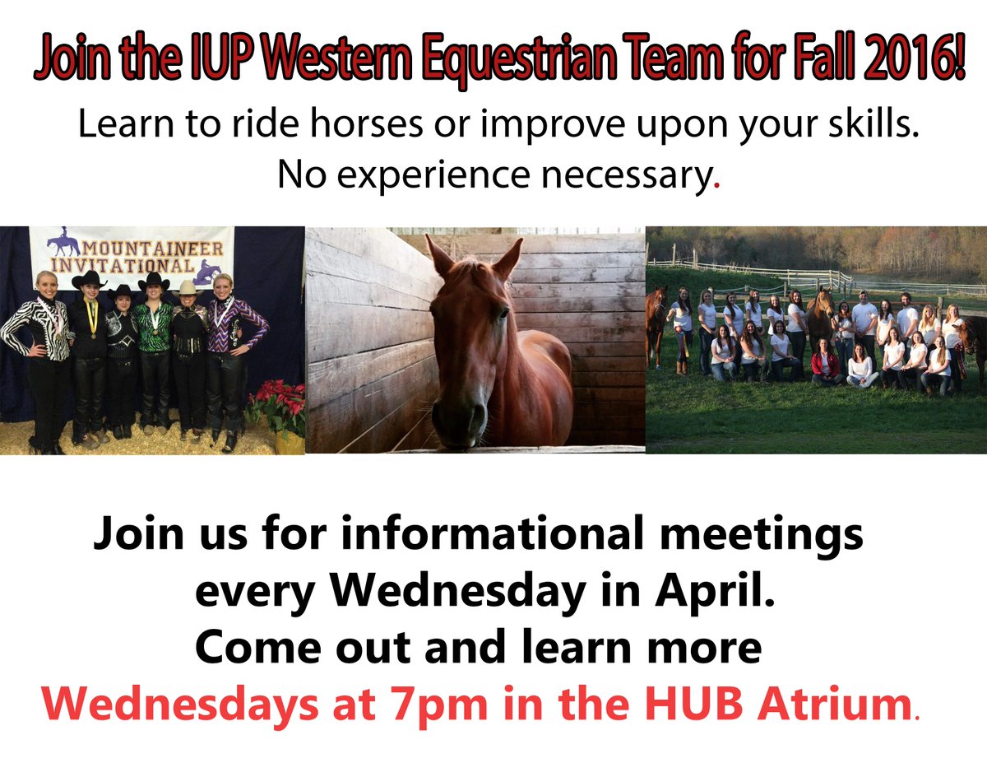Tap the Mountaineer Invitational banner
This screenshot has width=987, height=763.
coord(132,256)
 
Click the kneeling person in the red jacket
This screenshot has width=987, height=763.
coord(824,367)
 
